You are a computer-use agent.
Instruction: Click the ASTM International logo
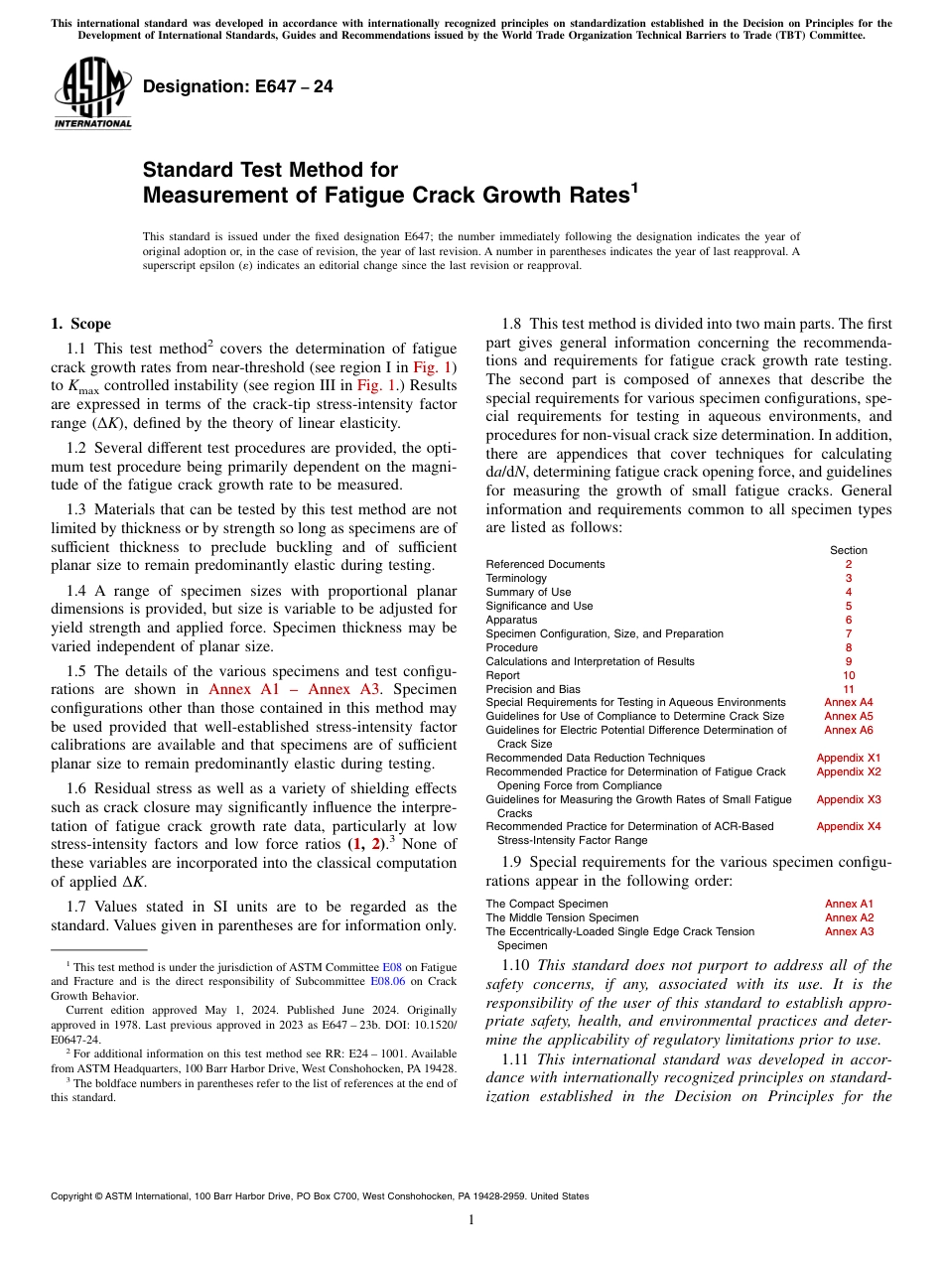tap(92, 93)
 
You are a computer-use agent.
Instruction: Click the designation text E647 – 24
tap(238, 86)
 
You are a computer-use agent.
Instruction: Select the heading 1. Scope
tap(80, 324)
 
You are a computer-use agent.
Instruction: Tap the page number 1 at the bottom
tap(471, 1220)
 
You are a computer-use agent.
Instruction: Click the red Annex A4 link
tap(849, 703)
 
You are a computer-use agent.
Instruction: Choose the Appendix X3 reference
tap(849, 799)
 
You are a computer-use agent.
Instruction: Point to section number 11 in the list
tap(849, 689)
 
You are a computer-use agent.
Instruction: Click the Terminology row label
tap(516, 578)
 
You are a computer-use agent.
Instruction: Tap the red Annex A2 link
tap(849, 918)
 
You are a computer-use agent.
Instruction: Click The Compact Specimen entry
tap(547, 905)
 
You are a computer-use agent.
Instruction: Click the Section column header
tap(849, 550)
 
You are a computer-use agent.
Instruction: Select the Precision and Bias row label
tap(533, 689)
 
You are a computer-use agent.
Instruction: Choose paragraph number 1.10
tap(516, 965)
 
